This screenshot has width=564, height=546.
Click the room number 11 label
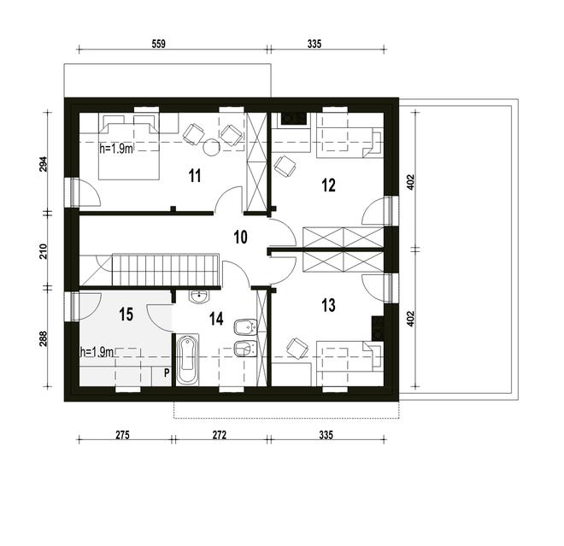click(195, 177)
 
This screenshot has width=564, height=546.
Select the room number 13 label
click(329, 305)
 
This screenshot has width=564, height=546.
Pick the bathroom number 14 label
click(216, 318)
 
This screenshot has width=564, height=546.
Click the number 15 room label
click(126, 314)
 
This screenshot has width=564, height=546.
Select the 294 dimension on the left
click(44, 164)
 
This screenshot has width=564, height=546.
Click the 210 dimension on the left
click(44, 251)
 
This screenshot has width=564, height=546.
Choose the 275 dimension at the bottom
click(121, 436)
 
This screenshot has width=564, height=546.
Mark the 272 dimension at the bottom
click(220, 436)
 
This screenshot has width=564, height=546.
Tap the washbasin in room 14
click(199, 297)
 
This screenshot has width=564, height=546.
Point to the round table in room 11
click(211, 145)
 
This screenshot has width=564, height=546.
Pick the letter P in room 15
click(167, 373)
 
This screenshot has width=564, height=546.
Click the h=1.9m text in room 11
click(116, 148)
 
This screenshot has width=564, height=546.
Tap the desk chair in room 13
click(297, 347)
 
